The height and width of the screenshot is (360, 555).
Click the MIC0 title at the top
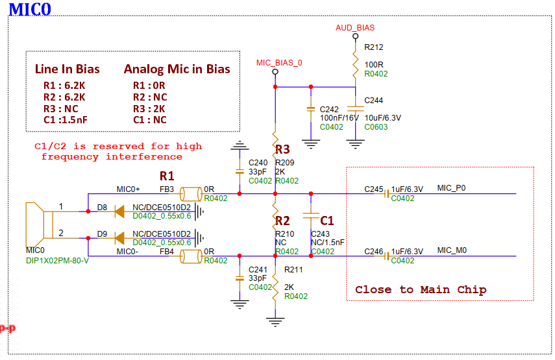point(30,10)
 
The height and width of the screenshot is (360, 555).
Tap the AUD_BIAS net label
point(355,28)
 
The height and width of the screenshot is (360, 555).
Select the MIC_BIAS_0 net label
point(279,63)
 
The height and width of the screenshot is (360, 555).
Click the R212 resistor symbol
point(355,64)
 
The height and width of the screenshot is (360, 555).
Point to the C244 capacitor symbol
point(355,109)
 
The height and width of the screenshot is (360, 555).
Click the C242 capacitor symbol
point(311,109)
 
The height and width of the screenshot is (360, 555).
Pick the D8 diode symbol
point(119,212)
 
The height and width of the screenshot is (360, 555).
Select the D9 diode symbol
point(119,238)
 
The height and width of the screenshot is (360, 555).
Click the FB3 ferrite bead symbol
point(191,194)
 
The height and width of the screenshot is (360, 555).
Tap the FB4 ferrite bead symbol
point(191,256)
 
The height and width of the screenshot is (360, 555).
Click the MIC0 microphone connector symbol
point(40,225)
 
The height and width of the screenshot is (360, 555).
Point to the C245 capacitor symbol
point(386,194)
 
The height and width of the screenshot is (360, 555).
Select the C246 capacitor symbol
point(386,256)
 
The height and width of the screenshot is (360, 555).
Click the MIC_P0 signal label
point(451,187)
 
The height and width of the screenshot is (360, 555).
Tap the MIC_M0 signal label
point(452,250)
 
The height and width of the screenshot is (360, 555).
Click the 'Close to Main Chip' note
point(421,290)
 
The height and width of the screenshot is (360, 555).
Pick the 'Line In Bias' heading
point(68,69)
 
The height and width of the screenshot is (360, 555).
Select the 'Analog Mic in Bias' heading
point(177,69)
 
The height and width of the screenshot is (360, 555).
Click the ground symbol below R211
point(275,322)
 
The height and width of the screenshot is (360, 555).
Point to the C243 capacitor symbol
point(311,216)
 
